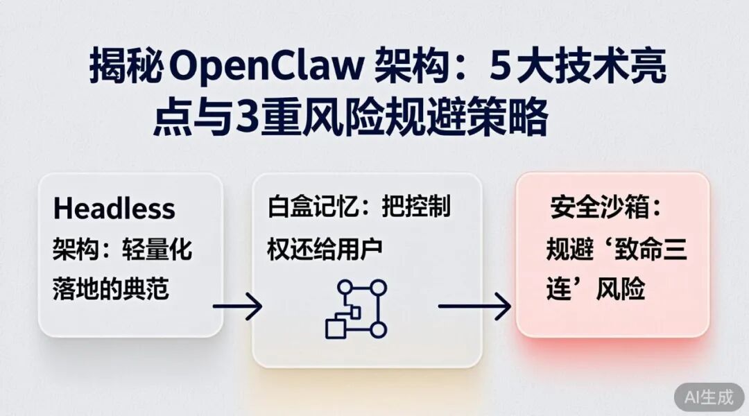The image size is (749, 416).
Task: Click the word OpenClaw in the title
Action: [266, 68]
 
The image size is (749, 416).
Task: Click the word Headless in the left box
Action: [114, 208]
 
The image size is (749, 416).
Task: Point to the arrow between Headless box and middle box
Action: [237, 306]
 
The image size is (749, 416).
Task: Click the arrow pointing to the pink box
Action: [475, 306]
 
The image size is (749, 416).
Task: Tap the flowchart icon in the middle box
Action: [356, 309]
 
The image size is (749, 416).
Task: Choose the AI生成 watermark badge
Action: [708, 397]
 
